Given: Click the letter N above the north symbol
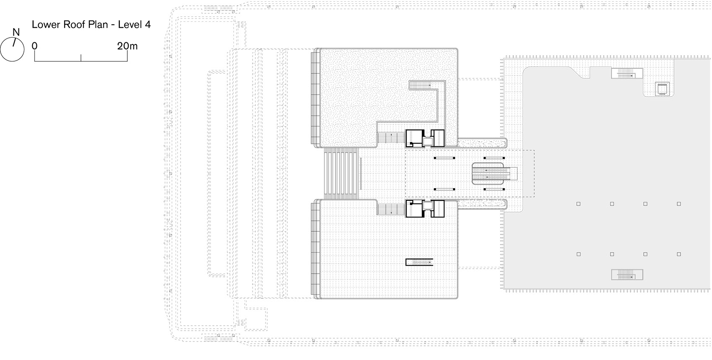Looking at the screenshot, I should pos(16,32).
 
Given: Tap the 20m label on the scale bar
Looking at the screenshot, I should pos(127,46).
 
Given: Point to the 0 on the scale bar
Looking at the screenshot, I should pos(35,46).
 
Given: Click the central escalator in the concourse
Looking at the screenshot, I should pos(494,174).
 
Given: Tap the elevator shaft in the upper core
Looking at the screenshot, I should pos(427,142).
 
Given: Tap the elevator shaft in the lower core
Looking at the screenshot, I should pos(427,206).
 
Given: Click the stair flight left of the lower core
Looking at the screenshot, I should pos(391,209).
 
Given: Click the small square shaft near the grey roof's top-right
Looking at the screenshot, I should pos(662,89).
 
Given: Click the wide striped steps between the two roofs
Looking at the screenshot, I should pos(341,174).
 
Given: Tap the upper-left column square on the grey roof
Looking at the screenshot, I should pos(578,204).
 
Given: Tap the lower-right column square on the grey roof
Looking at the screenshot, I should pos(679,254).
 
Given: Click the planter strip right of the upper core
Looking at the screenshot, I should pos(482,143).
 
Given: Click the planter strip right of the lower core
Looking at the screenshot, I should pos(482,204).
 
